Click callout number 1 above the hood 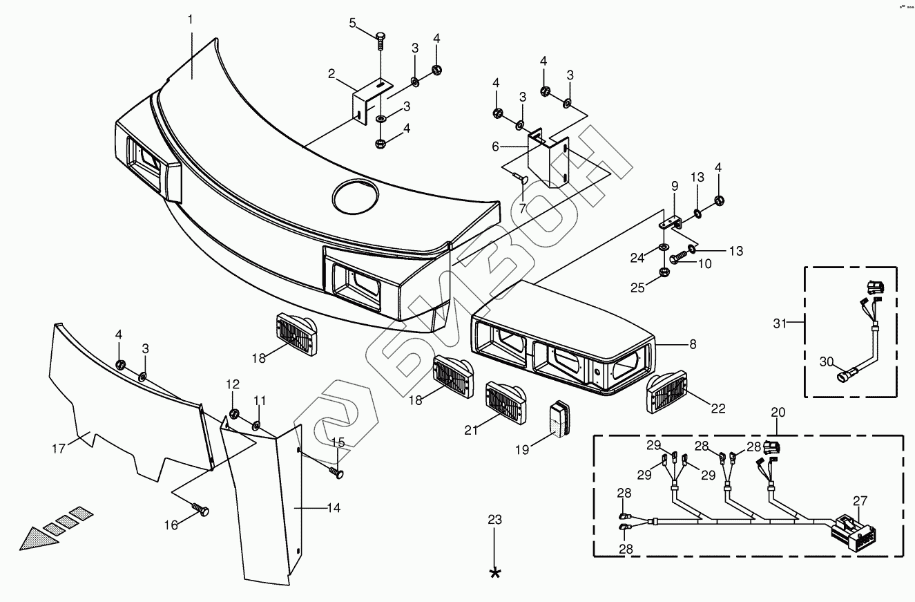tap(191, 19)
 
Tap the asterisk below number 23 tap(494, 573)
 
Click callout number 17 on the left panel tap(58, 449)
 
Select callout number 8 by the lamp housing tap(693, 344)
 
